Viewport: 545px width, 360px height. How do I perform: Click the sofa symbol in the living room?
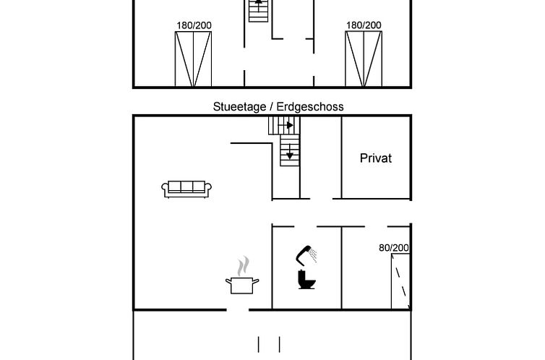[186, 189]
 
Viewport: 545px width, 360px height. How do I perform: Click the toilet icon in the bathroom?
[306, 279]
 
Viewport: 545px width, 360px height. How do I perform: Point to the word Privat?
[376, 158]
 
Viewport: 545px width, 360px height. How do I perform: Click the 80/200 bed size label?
[394, 248]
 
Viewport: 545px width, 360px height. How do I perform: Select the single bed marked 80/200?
[400, 281]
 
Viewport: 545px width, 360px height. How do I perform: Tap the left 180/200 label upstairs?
[194, 25]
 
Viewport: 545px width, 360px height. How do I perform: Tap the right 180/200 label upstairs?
[364, 25]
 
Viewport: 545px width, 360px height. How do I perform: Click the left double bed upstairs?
[193, 59]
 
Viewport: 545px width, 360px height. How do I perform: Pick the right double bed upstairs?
[364, 59]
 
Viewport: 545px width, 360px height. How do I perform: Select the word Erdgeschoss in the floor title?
[310, 107]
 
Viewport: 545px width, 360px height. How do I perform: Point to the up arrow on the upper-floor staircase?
[258, 1]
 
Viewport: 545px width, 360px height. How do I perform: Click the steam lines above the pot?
[244, 266]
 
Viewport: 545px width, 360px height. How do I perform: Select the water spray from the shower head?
[314, 255]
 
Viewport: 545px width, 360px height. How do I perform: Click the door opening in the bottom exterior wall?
[238, 309]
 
